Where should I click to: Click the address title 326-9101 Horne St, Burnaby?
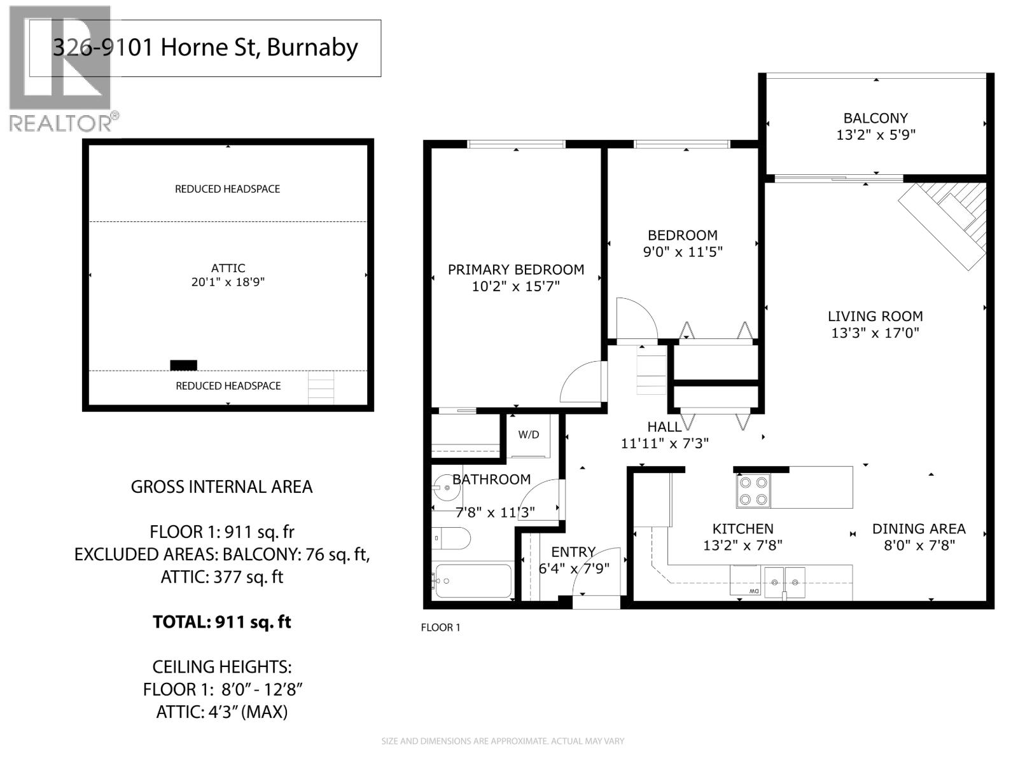point(205,48)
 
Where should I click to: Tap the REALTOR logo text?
point(64,122)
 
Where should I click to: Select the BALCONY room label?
point(875,118)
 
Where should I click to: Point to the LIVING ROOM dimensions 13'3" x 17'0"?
point(875,333)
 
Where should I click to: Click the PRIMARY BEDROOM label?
point(515,270)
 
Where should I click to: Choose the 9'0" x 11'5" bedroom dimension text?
point(682,252)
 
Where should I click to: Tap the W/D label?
point(528,435)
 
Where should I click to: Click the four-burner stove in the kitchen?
point(753,491)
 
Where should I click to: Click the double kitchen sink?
point(784,582)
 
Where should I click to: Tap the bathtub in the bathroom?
point(472,581)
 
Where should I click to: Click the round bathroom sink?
point(447,488)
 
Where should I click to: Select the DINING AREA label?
point(918,529)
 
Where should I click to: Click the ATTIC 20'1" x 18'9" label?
point(228,275)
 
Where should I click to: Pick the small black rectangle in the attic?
point(183,365)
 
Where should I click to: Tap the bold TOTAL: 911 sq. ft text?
point(221,622)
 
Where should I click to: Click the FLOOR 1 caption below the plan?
point(440,628)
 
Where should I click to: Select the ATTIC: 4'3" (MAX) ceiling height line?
point(221,712)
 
